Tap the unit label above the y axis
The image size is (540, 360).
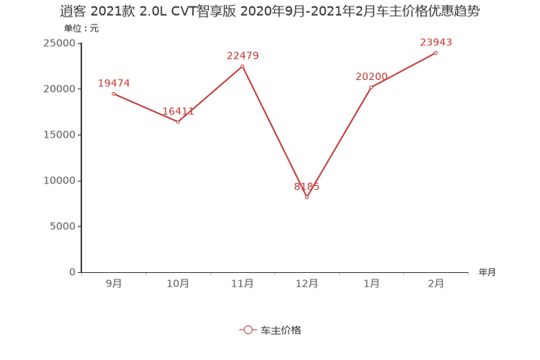point(81,29)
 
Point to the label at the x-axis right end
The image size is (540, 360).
point(486,272)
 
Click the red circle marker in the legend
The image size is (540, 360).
point(248,330)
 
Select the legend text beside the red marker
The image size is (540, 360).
point(280,330)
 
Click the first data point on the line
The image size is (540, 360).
point(113,94)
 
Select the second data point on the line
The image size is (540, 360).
point(178,122)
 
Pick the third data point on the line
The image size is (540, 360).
point(242,66)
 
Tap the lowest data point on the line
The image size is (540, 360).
point(306,197)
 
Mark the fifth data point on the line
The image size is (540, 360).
point(371,87)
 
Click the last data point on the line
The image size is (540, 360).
point(436,53)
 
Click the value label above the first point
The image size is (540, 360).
point(113,83)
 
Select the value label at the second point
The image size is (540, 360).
point(178,112)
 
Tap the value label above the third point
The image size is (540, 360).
point(242,54)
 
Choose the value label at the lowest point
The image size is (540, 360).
point(306,187)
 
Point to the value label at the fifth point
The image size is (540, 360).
point(371,75)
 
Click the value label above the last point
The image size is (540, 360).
point(436,41)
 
